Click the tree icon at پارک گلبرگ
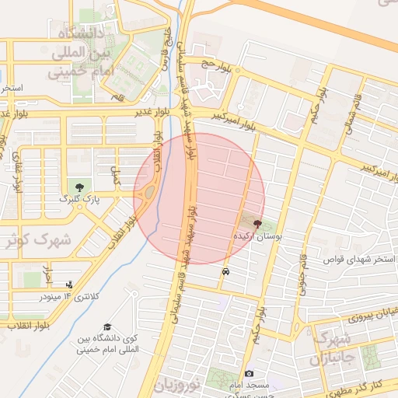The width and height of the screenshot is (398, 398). tap(79, 187)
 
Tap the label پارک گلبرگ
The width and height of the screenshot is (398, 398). tap(79, 199)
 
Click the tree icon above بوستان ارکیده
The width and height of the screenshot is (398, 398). tap(257, 223)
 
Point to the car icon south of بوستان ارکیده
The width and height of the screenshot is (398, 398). tap(225, 272)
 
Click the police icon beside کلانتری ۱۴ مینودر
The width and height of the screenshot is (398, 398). tap(70, 285)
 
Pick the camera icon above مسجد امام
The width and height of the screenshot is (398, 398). tap(249, 374)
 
